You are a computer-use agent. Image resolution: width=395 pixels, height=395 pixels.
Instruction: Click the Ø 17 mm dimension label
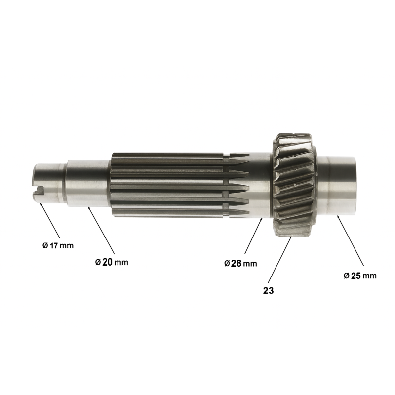[58, 245]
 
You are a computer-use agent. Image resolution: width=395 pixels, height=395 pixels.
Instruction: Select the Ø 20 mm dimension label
[112, 262]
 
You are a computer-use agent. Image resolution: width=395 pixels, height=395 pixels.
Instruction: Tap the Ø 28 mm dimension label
[240, 264]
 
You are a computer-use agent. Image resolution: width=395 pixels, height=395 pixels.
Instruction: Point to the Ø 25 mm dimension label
[360, 276]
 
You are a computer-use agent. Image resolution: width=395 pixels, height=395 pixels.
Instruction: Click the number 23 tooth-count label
[268, 291]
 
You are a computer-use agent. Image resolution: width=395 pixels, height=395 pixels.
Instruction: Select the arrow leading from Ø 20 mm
[101, 230]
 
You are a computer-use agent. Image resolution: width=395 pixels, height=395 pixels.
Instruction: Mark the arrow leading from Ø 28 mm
[254, 236]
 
